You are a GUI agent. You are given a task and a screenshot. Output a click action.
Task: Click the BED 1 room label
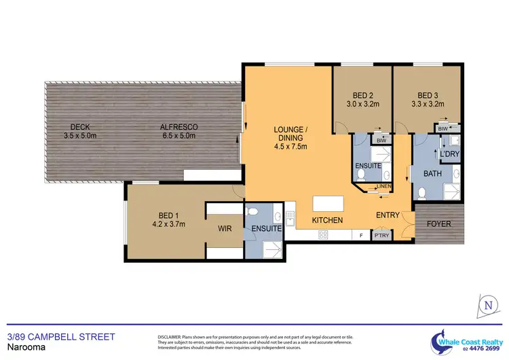click(167, 219)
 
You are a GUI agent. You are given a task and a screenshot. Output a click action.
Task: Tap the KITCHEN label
click(327, 221)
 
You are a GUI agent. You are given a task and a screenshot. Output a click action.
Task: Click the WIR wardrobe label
click(225, 229)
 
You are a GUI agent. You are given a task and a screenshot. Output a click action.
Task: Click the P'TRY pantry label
click(382, 236)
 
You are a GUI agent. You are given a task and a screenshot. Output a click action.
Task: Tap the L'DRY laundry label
click(450, 154)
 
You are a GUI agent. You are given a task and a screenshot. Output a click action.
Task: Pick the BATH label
click(432, 175)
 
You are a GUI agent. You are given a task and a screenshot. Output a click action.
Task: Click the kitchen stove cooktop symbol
click(324, 235)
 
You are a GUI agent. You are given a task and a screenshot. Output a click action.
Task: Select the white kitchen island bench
click(328, 204)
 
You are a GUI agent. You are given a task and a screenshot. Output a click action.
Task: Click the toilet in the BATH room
click(422, 193)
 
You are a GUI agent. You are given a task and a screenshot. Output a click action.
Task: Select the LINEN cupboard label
click(383, 185)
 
